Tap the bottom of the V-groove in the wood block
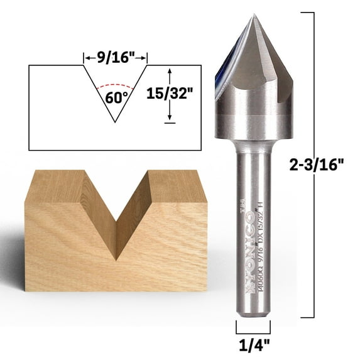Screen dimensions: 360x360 coord(116,258)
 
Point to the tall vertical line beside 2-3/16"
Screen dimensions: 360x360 coord(312,165)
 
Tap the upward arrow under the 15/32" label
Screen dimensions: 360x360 coord(169,113)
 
